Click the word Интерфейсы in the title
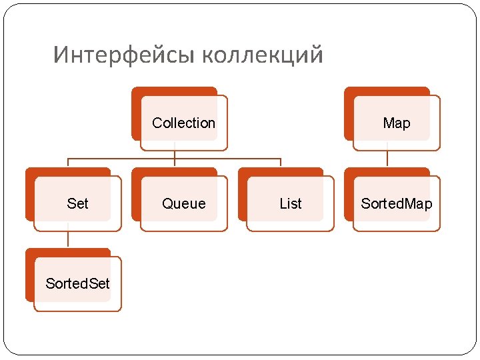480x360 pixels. pyautogui.click(x=124, y=55)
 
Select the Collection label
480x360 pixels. pyautogui.click(x=183, y=123)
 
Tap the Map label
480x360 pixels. pyautogui.click(x=397, y=123)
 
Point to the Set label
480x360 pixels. pyautogui.click(x=77, y=204)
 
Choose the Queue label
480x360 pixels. pyautogui.click(x=184, y=204)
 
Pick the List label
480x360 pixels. pyautogui.click(x=290, y=204)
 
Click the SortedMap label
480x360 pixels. pyautogui.click(x=396, y=204)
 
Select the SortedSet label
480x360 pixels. pyautogui.click(x=77, y=284)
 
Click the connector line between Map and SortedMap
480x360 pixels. pyautogui.click(x=387, y=159)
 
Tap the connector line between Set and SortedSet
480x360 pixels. pyautogui.click(x=68, y=239)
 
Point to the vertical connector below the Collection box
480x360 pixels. pyautogui.click(x=175, y=153)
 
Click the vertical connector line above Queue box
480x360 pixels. pyautogui.click(x=175, y=163)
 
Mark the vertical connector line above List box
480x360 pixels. pyautogui.click(x=281, y=163)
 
